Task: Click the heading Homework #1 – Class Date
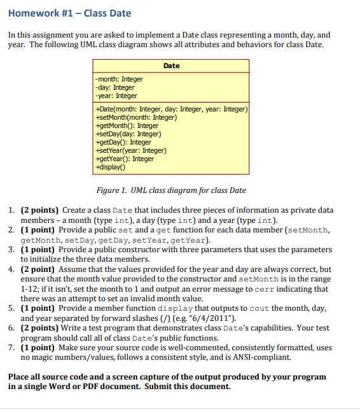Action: tap(69, 13)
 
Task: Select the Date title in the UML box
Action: tap(171, 66)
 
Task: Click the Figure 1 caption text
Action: tap(171, 190)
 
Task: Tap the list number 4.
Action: tap(13, 269)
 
